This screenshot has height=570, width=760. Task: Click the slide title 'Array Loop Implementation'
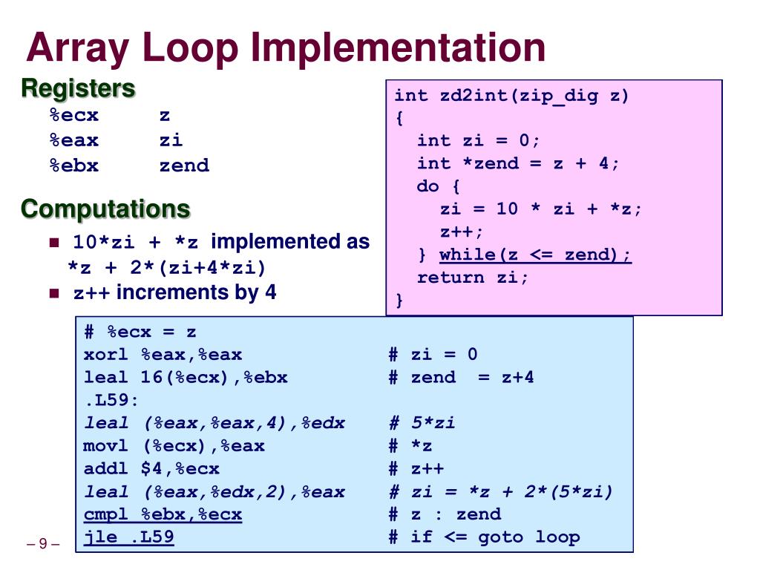[286, 47]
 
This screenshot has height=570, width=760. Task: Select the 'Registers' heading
[78, 88]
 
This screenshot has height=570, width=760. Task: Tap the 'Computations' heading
[105, 209]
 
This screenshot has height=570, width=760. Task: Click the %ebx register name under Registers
[73, 166]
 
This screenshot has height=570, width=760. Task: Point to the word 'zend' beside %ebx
[184, 166]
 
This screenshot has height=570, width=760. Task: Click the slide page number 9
[43, 544]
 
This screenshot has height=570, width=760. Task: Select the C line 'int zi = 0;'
[479, 140]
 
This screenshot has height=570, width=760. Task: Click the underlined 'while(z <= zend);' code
[535, 255]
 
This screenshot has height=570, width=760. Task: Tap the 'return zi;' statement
[474, 278]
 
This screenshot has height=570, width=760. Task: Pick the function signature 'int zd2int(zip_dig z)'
[511, 95]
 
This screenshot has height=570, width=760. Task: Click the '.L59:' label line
[111, 400]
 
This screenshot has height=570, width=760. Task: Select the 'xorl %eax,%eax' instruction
[163, 355]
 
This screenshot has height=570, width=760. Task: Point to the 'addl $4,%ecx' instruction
[151, 468]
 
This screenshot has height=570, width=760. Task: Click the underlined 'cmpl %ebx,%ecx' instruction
[163, 514]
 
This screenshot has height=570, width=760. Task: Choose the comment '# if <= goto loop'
[484, 537]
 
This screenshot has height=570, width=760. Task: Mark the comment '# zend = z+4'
[461, 377]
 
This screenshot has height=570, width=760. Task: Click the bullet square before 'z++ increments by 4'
[53, 293]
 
